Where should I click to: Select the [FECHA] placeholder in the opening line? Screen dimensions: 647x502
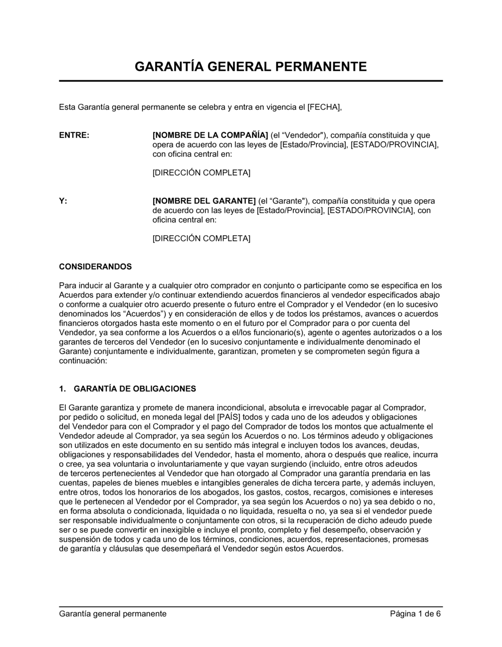pyautogui.click(x=317, y=107)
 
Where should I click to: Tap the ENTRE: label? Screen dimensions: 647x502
pyautogui.click(x=74, y=135)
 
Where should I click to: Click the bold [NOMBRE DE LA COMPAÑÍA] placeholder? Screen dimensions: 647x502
pyautogui.click(x=210, y=135)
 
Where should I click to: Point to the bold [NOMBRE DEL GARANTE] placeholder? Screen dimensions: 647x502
pyautogui.click(x=204, y=201)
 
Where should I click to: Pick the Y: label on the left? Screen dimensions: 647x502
pyautogui.click(x=63, y=201)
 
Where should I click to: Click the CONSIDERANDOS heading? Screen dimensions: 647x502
pyautogui.click(x=95, y=266)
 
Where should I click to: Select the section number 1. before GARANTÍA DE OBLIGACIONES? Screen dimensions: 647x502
pyautogui.click(x=63, y=389)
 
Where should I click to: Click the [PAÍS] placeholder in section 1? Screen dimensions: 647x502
pyautogui.click(x=229, y=417)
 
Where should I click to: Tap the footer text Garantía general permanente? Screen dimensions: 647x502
pyautogui.click(x=113, y=614)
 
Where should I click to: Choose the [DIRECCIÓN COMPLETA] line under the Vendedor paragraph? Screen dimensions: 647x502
pyautogui.click(x=201, y=173)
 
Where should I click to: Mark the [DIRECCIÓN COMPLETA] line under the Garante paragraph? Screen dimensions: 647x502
pyautogui.click(x=201, y=239)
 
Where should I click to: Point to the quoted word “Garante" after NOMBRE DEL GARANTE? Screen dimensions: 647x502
pyautogui.click(x=285, y=201)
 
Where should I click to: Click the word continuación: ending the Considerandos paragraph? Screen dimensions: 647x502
pyautogui.click(x=83, y=361)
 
